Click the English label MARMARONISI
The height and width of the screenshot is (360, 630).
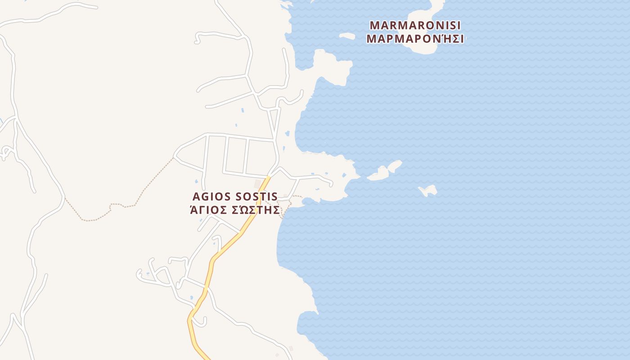pyautogui.click(x=415, y=25)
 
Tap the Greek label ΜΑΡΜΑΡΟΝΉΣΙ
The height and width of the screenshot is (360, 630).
pyautogui.click(x=415, y=39)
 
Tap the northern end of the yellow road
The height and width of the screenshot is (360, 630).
pyautogui.click(x=269, y=178)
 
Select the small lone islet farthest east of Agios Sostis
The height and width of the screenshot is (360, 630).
pyautogui.click(x=428, y=191)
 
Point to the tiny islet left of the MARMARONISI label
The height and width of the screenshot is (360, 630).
pyautogui.click(x=347, y=36)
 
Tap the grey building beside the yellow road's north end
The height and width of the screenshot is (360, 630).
pyautogui.click(x=258, y=184)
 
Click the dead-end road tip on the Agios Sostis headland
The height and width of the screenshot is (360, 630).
pyautogui.click(x=331, y=184)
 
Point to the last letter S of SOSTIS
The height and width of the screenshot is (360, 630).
pyautogui.click(x=274, y=197)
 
